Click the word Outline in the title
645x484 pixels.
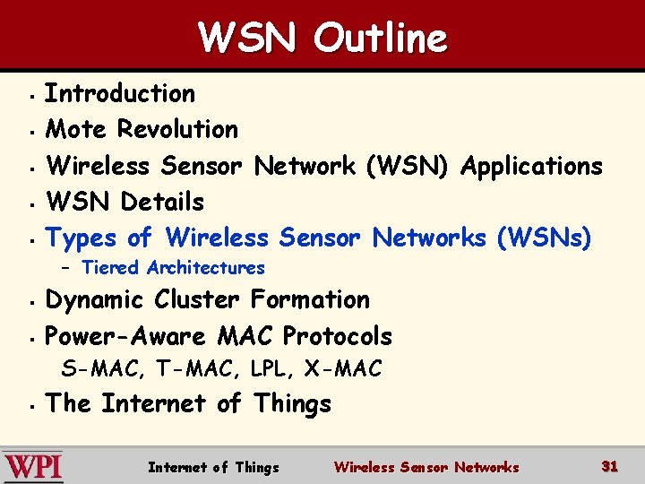(381, 38)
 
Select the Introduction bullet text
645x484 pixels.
(120, 93)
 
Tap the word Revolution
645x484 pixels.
(178, 129)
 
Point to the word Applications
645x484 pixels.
(531, 166)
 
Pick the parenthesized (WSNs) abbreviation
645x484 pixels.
(544, 238)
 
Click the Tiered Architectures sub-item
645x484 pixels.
(173, 267)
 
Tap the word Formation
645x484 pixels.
(310, 299)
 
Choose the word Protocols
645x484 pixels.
(337, 336)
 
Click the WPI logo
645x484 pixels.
(33, 467)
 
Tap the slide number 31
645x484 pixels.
(610, 466)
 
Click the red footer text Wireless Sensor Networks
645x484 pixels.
(426, 467)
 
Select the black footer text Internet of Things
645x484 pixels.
(213, 467)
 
